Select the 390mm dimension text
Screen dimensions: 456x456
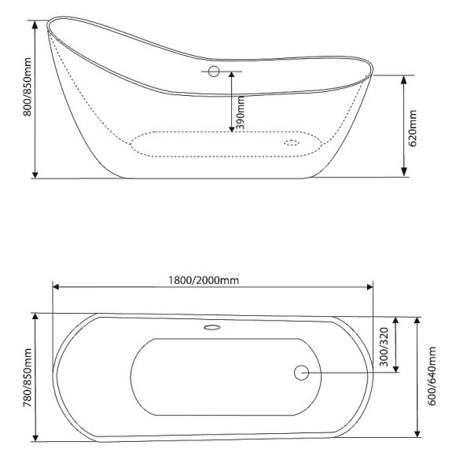[241, 112]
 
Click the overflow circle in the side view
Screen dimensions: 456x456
[213, 72]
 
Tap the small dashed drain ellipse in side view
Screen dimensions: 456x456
[291, 143]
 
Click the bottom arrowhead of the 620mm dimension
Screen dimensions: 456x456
[404, 172]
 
